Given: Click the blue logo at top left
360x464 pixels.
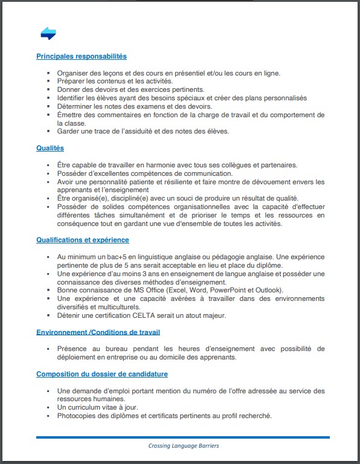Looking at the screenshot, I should [x=48, y=34].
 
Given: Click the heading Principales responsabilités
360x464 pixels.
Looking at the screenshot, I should [x=82, y=56].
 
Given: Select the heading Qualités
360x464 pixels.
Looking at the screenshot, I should [x=50, y=148].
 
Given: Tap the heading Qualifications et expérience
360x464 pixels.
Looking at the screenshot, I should [x=82, y=240].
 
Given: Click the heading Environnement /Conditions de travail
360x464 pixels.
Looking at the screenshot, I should [x=98, y=332].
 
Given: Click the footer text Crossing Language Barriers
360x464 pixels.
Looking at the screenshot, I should [x=184, y=446].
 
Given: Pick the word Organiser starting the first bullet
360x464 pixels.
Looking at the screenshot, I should [x=72, y=73].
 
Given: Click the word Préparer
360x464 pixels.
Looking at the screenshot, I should [x=71, y=81].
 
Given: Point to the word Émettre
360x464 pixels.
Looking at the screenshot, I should [x=71, y=115].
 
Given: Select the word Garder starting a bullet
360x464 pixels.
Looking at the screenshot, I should [x=69, y=131].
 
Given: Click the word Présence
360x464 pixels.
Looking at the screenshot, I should [x=72, y=349].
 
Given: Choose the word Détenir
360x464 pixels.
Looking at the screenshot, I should [x=69, y=315].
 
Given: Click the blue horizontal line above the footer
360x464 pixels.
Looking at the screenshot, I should [x=183, y=437].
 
